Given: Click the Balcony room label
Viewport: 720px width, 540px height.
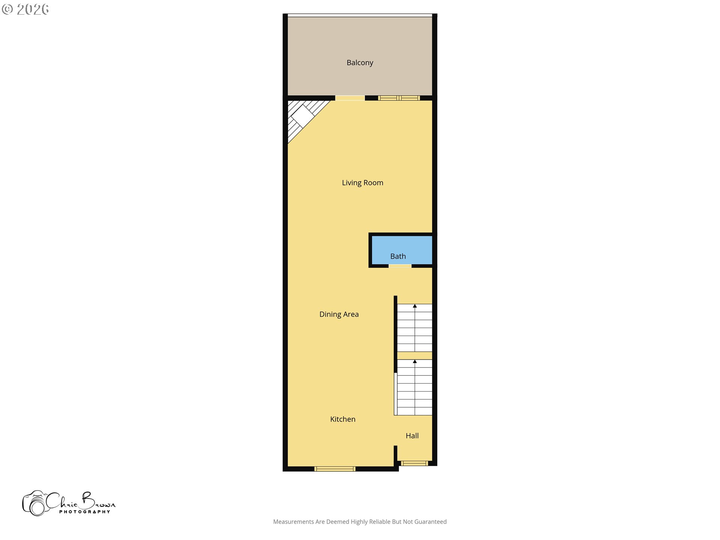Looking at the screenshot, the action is (x=360, y=63).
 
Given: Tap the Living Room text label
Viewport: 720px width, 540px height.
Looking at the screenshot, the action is (x=362, y=183).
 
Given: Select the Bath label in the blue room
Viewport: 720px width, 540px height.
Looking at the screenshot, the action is (x=398, y=256).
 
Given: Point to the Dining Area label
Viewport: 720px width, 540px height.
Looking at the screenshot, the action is (x=339, y=314).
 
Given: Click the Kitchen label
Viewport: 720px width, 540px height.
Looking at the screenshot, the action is (x=343, y=419).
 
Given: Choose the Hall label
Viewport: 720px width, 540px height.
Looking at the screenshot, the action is (x=412, y=436).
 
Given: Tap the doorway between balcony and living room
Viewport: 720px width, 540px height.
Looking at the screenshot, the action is (x=349, y=98).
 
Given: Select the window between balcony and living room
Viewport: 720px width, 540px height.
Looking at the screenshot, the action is (x=399, y=98).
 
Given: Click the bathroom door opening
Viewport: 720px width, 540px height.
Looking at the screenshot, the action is (x=400, y=266).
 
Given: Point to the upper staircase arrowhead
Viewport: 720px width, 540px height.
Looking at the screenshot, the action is (x=415, y=306).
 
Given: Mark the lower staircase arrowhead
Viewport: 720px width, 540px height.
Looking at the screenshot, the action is (x=415, y=361).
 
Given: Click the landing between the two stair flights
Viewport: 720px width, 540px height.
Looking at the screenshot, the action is (x=414, y=355).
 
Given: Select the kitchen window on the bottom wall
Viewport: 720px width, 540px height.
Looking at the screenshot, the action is (x=335, y=469).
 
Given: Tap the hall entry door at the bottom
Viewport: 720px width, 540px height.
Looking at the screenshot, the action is (x=414, y=463).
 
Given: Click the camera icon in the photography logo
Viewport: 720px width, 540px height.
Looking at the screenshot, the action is (x=35, y=503).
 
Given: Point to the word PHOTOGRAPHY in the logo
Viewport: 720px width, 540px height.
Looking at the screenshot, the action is (x=85, y=512).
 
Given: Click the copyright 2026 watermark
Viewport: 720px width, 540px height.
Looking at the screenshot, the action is (x=25, y=9).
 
